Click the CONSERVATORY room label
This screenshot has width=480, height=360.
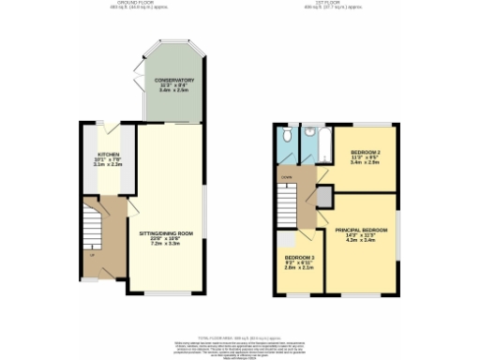[174, 81]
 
